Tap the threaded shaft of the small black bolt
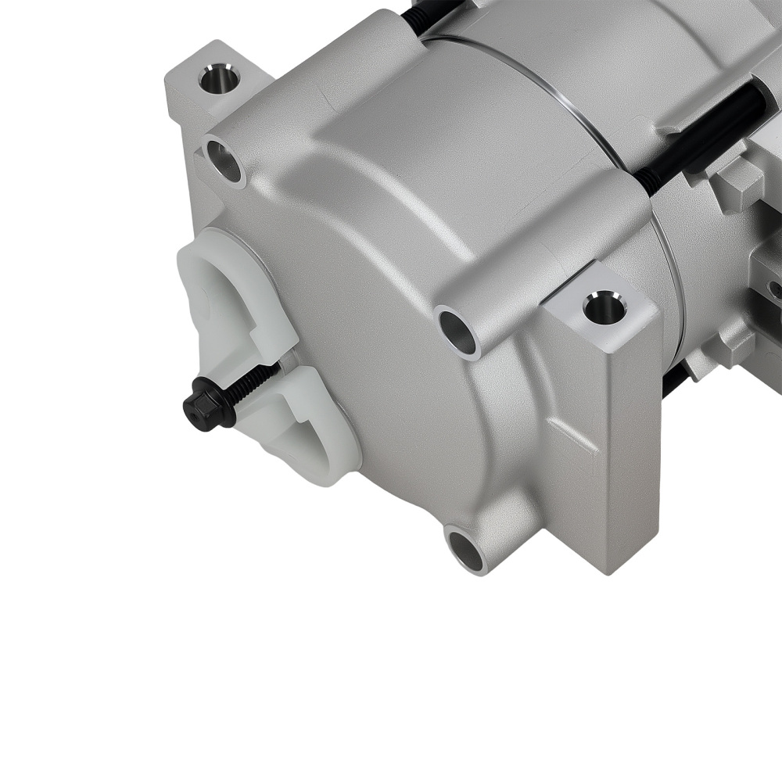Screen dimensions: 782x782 click(254, 382)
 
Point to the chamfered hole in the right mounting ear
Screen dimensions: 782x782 click(604, 307)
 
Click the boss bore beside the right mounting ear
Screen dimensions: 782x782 click(458, 332)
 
